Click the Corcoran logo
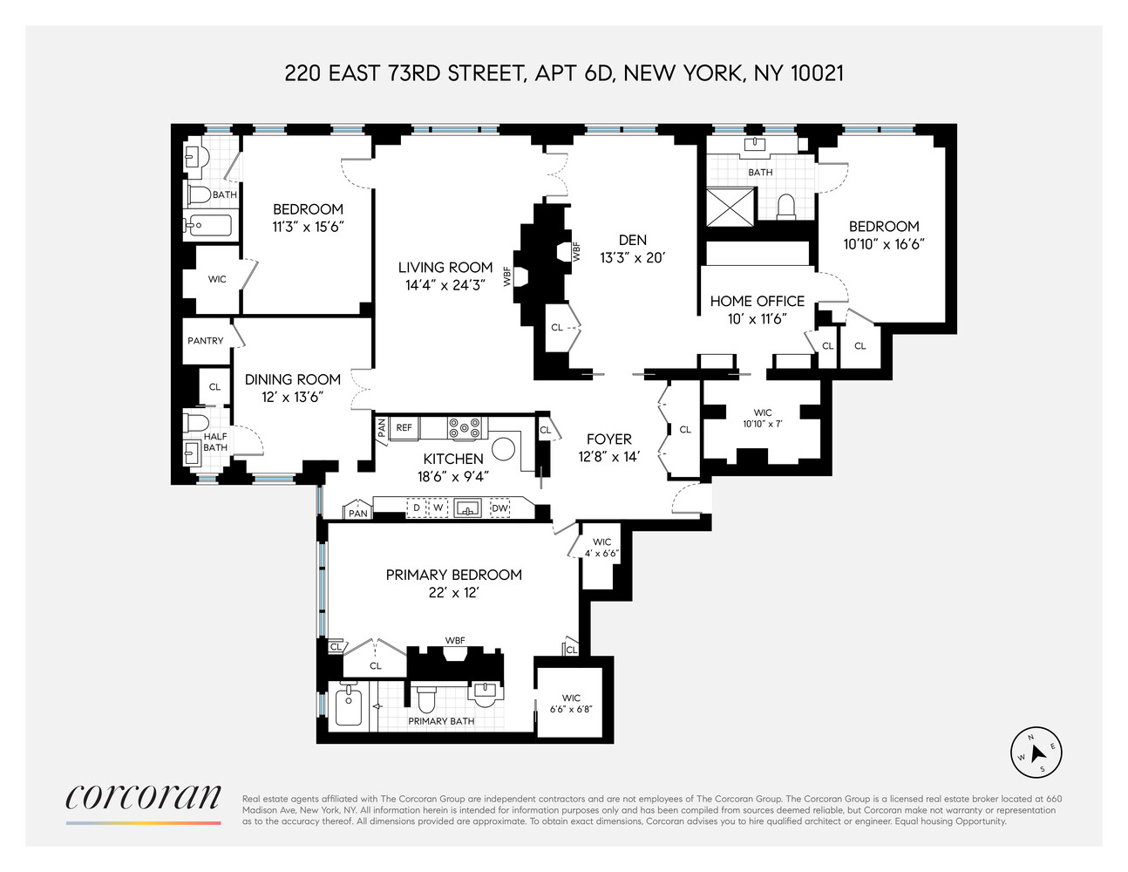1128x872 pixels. [144, 799]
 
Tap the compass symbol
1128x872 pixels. [1036, 751]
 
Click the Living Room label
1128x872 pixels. [445, 268]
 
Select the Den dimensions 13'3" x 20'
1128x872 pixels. [632, 257]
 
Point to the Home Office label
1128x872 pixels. [757, 301]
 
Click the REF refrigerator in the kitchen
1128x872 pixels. [404, 428]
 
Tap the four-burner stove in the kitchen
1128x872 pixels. [465, 428]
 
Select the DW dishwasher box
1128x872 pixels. [499, 508]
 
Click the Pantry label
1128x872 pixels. [206, 341]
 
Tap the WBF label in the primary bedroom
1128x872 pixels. [455, 641]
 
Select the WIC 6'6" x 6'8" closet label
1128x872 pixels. [571, 704]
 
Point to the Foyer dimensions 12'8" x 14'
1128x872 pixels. [608, 456]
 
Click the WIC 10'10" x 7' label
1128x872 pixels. [763, 419]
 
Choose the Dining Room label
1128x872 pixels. [292, 379]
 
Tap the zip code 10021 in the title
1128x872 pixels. [817, 72]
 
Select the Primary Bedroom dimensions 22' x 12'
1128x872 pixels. [453, 593]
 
